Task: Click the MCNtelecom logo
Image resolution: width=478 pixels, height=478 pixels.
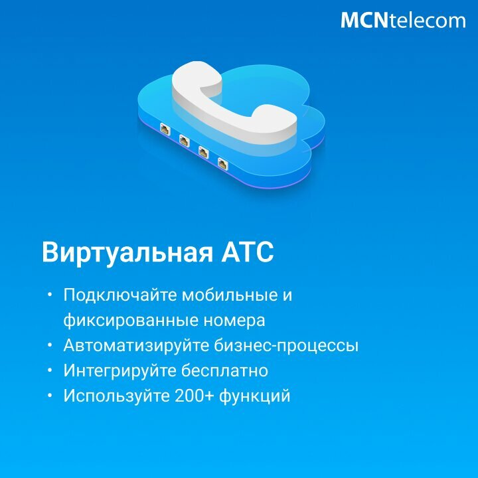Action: pos(403,21)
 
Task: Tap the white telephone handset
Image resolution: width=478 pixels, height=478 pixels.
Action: pos(235,104)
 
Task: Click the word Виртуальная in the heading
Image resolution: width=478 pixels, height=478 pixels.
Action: pos(127,253)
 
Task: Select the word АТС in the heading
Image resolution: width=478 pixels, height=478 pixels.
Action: pos(248,252)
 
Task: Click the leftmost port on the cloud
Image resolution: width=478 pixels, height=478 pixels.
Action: pos(165,129)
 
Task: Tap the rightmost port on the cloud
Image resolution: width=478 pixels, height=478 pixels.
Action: pos(223,163)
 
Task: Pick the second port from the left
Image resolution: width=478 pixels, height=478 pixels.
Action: pos(184,140)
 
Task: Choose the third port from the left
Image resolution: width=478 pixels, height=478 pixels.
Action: pos(203,152)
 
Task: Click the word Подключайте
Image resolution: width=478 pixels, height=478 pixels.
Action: pos(120,295)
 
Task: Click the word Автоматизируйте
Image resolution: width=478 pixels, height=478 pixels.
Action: pos(136,346)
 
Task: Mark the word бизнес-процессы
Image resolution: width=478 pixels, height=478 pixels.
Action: pos(286,346)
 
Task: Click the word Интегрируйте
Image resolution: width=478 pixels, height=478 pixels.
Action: pos(119,371)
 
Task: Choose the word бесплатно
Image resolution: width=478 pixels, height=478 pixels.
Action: pos(224,371)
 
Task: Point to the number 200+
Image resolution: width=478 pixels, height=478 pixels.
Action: pos(193,396)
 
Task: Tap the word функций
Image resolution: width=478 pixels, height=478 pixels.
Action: pos(254,396)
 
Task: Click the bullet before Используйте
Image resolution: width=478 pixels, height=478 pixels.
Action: pos(50,396)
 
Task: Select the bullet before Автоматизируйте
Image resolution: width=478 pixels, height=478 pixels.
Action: pos(50,345)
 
